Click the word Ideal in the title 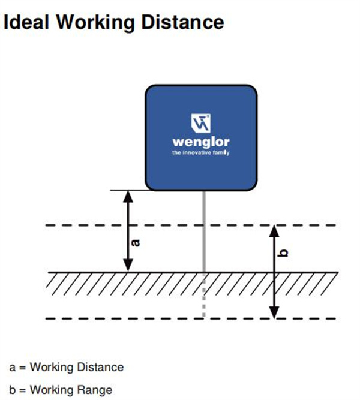point(26,22)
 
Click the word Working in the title point(95,23)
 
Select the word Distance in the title point(182,22)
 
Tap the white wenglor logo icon point(201,123)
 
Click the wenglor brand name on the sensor point(201,142)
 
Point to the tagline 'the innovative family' point(201,152)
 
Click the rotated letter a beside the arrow point(136,243)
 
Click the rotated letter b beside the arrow point(283,253)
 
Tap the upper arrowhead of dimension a point(128,197)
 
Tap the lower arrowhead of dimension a point(128,265)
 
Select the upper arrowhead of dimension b point(274,231)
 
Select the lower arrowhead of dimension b point(274,312)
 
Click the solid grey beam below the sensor point(204,231)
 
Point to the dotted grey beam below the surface point(204,296)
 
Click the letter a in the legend point(12,368)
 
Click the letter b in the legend point(12,390)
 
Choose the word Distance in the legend point(100,368)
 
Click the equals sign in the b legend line point(22,390)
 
